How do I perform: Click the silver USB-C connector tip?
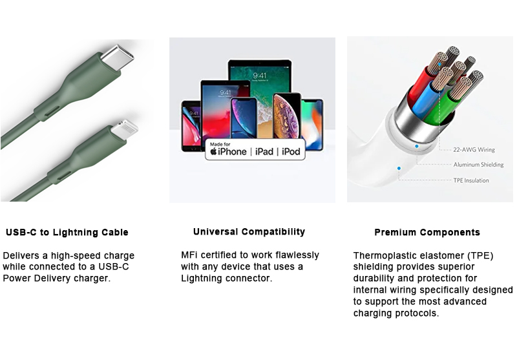tap(118, 58)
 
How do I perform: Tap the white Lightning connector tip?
tap(125, 129)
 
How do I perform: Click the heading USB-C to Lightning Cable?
tap(67, 233)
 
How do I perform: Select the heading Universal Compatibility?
tap(249, 232)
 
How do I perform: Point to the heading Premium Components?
tap(427, 233)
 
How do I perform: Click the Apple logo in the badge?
tap(213, 152)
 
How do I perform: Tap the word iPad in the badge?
tap(264, 152)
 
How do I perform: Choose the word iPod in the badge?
tap(291, 152)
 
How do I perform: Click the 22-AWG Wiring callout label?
tap(474, 150)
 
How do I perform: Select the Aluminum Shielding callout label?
tap(478, 165)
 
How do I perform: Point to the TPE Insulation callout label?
tap(471, 180)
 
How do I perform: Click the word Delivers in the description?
tap(25, 256)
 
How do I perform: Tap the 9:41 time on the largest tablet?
tap(260, 76)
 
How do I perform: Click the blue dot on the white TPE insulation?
tap(399, 169)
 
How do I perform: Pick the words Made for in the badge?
tap(220, 144)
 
